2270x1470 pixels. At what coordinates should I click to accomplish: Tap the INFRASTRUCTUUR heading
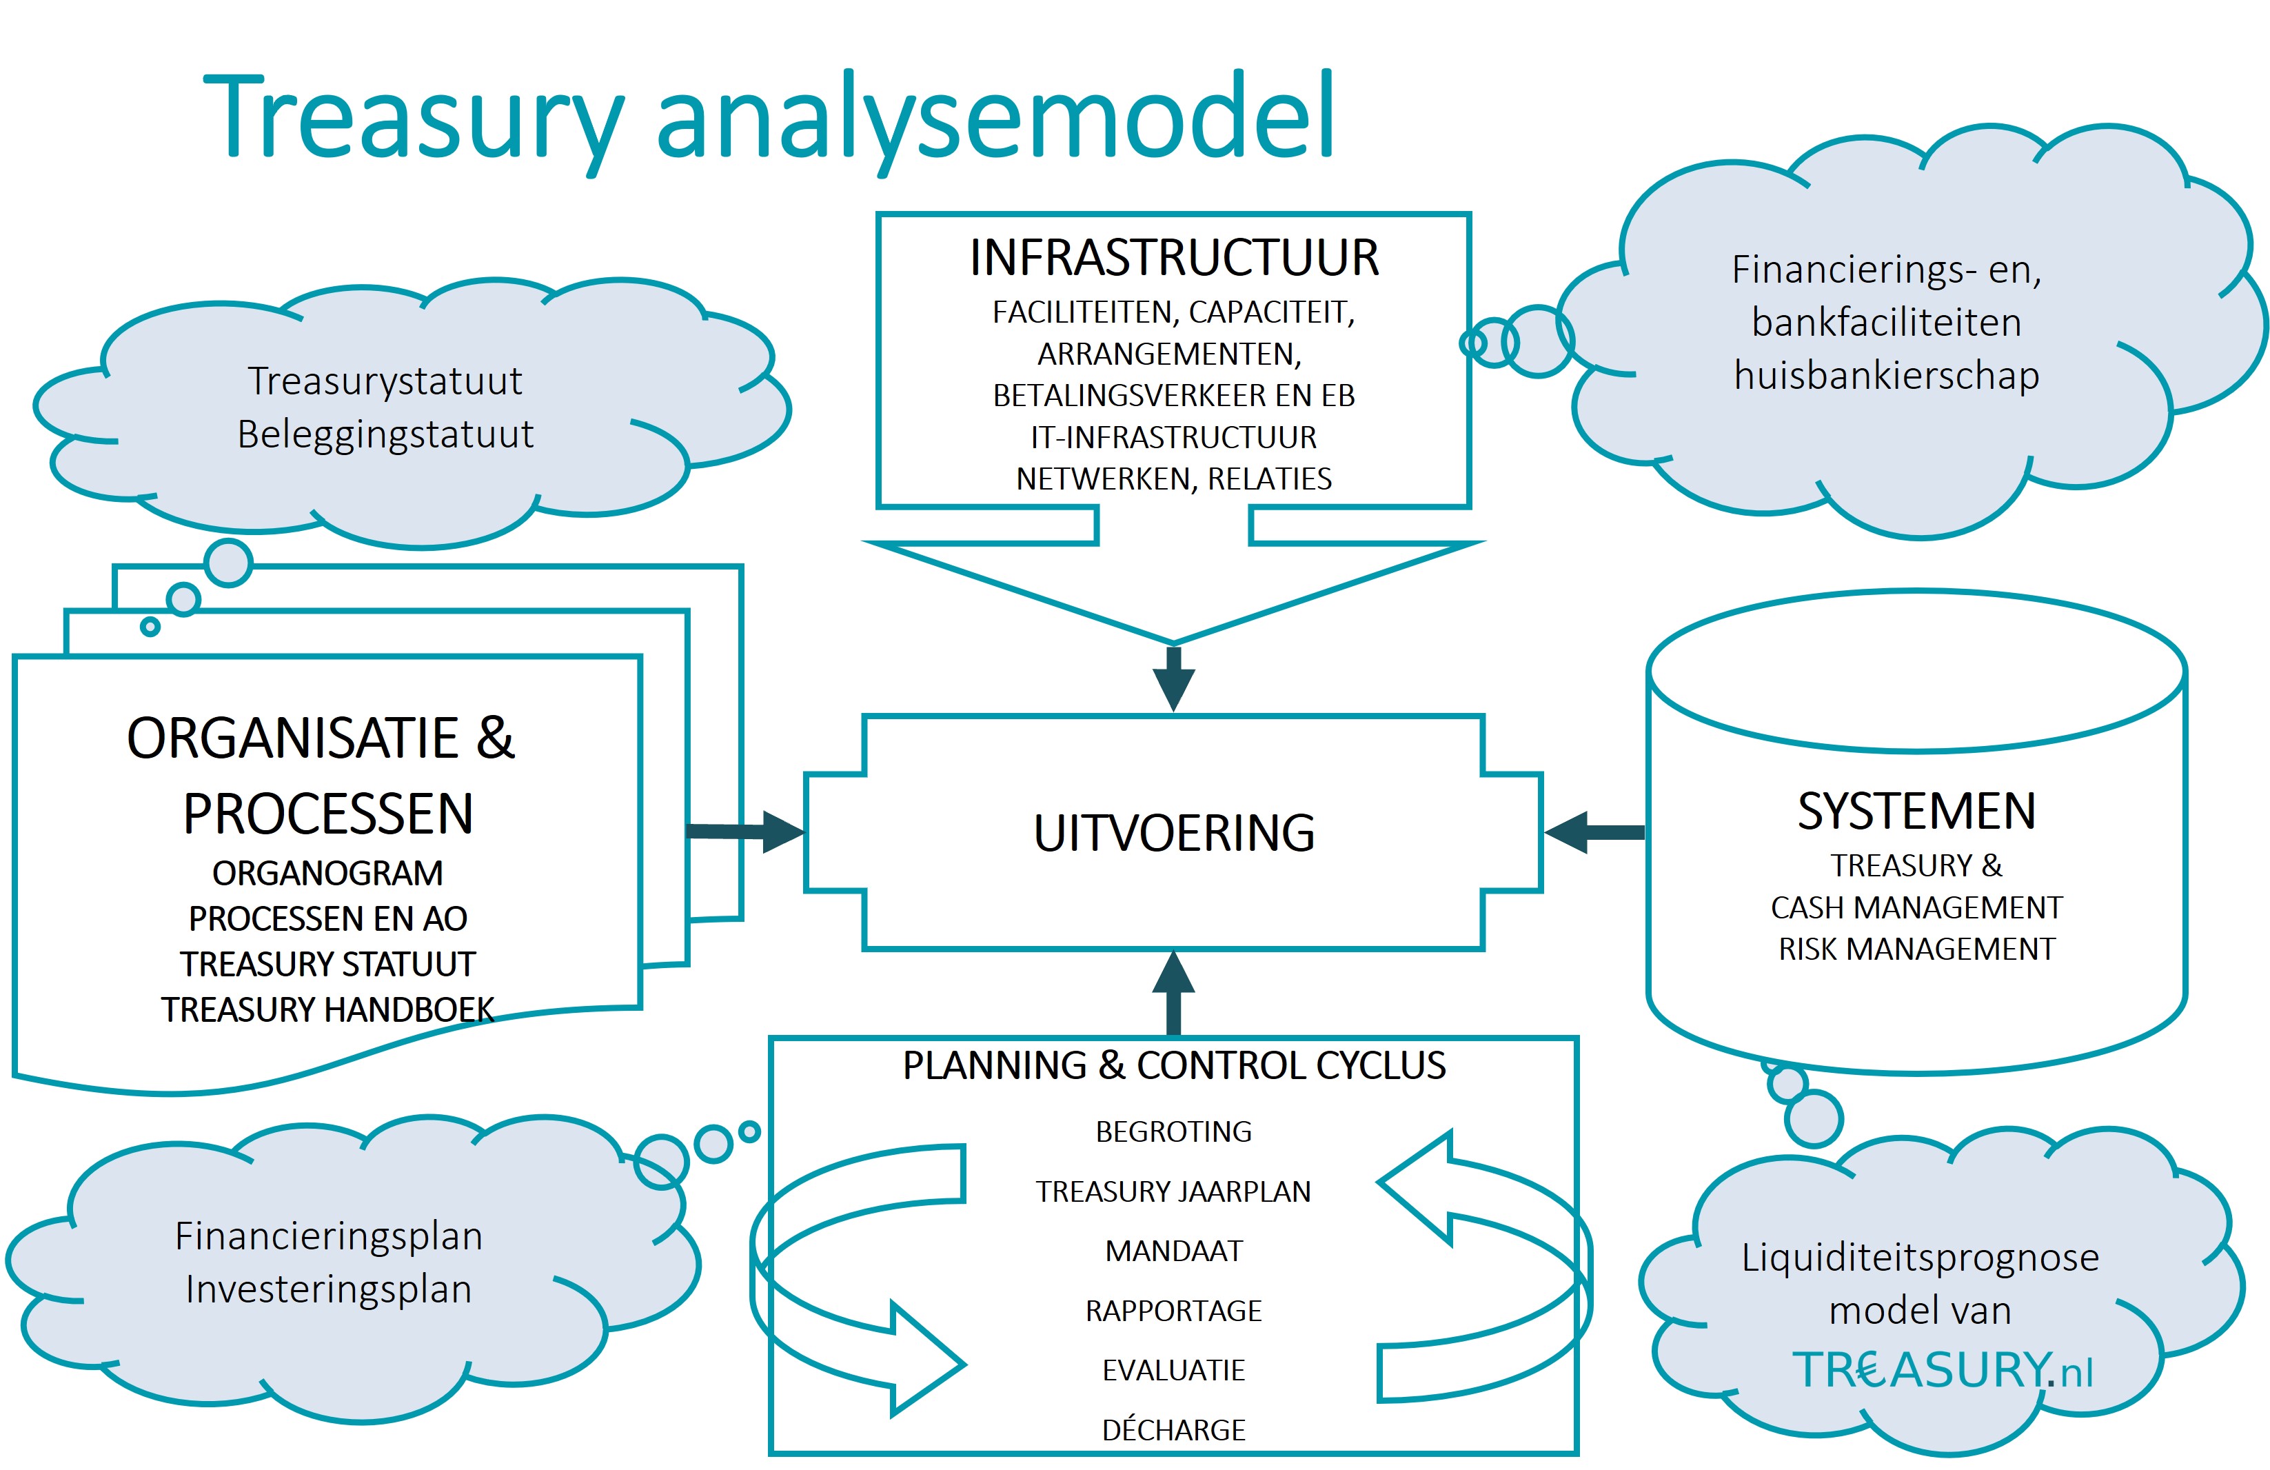[x=1174, y=258]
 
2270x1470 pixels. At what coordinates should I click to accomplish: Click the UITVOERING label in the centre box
[x=1174, y=833]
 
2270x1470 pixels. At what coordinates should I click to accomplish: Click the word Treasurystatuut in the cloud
[x=385, y=381]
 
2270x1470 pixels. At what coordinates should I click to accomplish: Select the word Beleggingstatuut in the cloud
[x=385, y=434]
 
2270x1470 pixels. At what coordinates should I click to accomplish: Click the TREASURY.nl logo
[x=1942, y=1370]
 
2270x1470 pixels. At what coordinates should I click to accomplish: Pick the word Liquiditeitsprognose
[x=1920, y=1257]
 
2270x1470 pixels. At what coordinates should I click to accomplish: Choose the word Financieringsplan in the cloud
[x=329, y=1236]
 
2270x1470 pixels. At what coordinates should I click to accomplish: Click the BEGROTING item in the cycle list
[x=1174, y=1131]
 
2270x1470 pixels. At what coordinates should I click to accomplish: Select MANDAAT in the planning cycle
[x=1174, y=1251]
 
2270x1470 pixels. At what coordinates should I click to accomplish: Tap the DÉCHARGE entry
[x=1174, y=1430]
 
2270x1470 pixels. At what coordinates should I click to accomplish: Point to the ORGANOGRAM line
[x=327, y=873]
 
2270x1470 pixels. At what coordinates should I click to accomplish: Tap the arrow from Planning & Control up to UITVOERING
[x=1174, y=992]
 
